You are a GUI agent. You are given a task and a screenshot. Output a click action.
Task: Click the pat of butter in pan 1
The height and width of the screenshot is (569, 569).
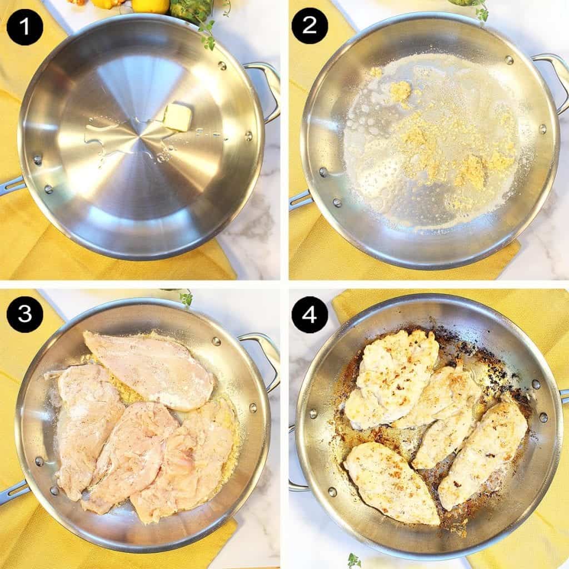[177, 117]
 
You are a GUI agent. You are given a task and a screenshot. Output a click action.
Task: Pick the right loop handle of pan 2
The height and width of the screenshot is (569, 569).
[553, 78]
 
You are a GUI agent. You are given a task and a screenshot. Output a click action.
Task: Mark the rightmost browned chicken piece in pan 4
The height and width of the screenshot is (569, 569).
[483, 453]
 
